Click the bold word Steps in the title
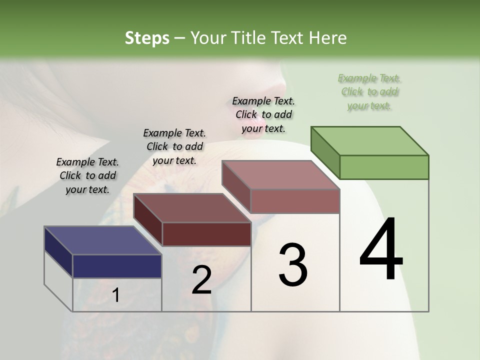(x=147, y=38)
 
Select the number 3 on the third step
(x=293, y=265)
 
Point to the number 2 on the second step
(x=201, y=280)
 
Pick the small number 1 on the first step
(x=115, y=295)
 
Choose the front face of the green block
(x=384, y=167)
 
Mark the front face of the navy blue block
(x=117, y=266)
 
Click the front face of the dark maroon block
(x=206, y=234)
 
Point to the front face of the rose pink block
(x=295, y=201)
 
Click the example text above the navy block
(x=87, y=175)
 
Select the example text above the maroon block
(x=174, y=146)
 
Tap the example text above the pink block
(x=263, y=114)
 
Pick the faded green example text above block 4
(x=369, y=92)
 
